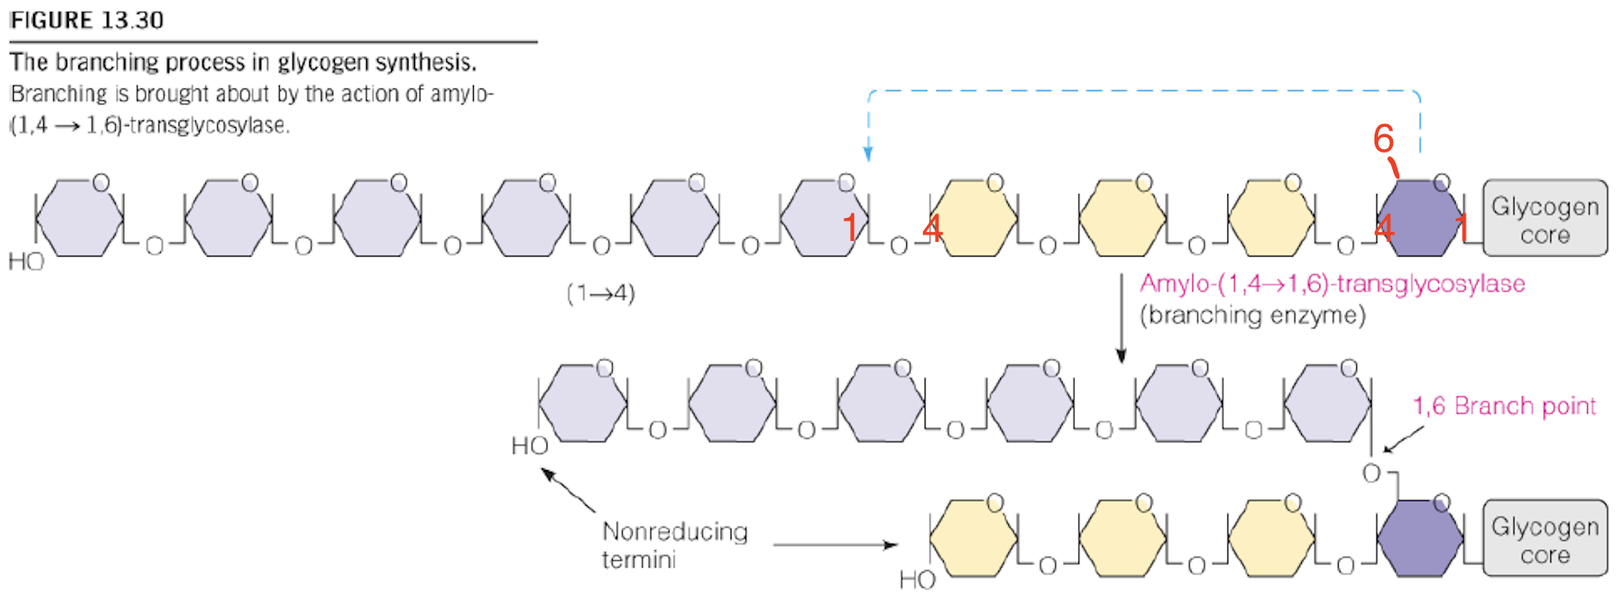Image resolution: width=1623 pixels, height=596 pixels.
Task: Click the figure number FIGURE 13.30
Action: (86, 19)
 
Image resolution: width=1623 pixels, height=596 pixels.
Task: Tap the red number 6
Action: (1383, 139)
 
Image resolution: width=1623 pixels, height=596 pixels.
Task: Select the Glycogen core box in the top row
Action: (1545, 219)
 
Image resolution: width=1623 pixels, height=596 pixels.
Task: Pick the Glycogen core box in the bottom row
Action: (1545, 539)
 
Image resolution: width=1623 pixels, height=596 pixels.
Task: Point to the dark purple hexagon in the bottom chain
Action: (1421, 539)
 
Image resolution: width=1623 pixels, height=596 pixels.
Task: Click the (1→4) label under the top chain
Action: (601, 293)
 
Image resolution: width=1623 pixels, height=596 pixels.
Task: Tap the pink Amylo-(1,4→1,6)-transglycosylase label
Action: (1331, 283)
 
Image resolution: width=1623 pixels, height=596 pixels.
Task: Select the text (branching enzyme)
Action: (1252, 315)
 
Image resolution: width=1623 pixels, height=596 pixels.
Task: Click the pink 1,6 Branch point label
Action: (1504, 406)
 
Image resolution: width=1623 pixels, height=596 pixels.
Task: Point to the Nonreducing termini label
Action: (673, 544)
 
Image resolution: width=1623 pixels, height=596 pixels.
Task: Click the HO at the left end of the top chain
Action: (26, 262)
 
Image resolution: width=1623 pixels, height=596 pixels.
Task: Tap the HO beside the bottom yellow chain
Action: (917, 579)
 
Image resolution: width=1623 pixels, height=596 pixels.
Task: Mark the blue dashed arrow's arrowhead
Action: (868, 154)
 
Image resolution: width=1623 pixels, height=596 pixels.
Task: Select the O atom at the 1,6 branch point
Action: (1371, 473)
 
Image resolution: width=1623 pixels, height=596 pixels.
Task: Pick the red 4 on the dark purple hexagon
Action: (1384, 227)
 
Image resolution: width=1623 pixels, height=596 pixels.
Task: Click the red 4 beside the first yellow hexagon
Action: (932, 228)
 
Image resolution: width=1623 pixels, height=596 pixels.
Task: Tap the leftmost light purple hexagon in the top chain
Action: (79, 219)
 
